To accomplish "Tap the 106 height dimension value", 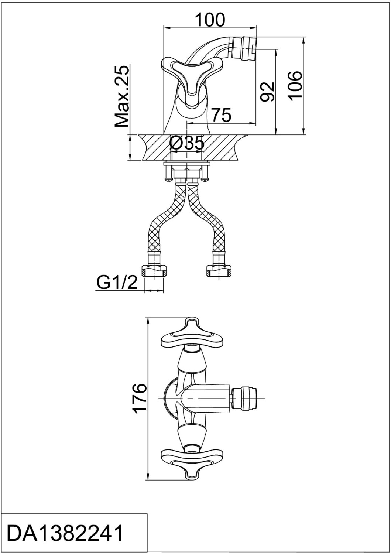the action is (x=296, y=86).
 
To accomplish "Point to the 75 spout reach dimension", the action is (x=221, y=115).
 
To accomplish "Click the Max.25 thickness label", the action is (x=122, y=96).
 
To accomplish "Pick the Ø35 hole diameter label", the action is (x=187, y=143).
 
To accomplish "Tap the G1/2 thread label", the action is (x=117, y=282).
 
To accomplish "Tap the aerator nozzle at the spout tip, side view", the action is (x=244, y=49).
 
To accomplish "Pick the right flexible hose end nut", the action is (x=219, y=270).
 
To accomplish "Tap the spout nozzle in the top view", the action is (x=244, y=399).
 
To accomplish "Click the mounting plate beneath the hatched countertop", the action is (x=187, y=163).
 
